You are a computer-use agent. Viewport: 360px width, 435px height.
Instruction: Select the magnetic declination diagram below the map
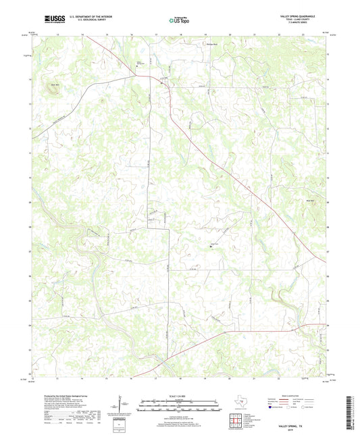click(122, 407)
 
